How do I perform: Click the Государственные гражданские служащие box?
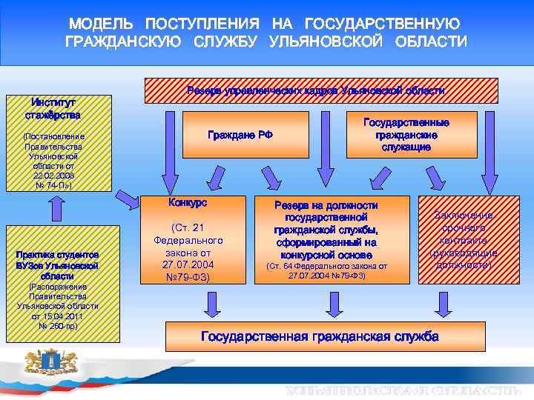pos(406,134)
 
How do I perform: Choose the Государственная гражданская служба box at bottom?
pos(320,336)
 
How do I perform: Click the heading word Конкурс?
pos(188,202)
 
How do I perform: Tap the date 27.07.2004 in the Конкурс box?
pos(188,265)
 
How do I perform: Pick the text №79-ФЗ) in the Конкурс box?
pos(188,278)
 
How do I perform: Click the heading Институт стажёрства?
pos(53,108)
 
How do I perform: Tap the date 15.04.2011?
pos(57,316)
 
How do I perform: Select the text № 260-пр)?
pos(57,325)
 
